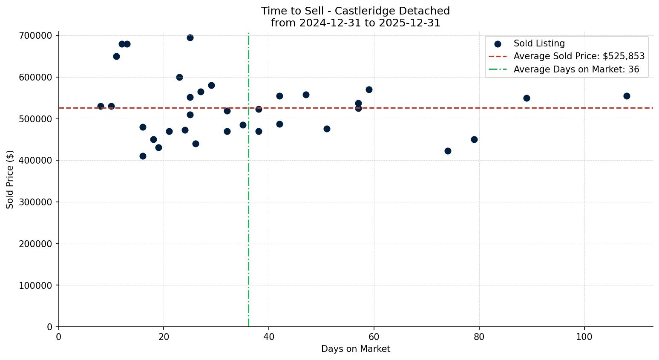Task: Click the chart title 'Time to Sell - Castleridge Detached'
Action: (355, 11)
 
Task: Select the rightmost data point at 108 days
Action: (626, 96)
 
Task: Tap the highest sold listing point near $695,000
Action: (190, 37)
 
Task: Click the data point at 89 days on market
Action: (527, 98)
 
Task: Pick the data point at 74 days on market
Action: (448, 151)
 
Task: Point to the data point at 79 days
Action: (474, 139)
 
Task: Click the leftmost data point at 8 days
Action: (101, 106)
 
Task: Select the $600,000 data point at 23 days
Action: (179, 77)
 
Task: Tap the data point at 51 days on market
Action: (327, 129)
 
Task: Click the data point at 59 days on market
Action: (369, 89)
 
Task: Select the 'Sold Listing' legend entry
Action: (539, 43)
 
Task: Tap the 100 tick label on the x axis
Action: (584, 337)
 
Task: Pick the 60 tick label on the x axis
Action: (374, 337)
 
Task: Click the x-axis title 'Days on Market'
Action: (356, 349)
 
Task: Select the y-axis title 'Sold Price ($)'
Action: (10, 179)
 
